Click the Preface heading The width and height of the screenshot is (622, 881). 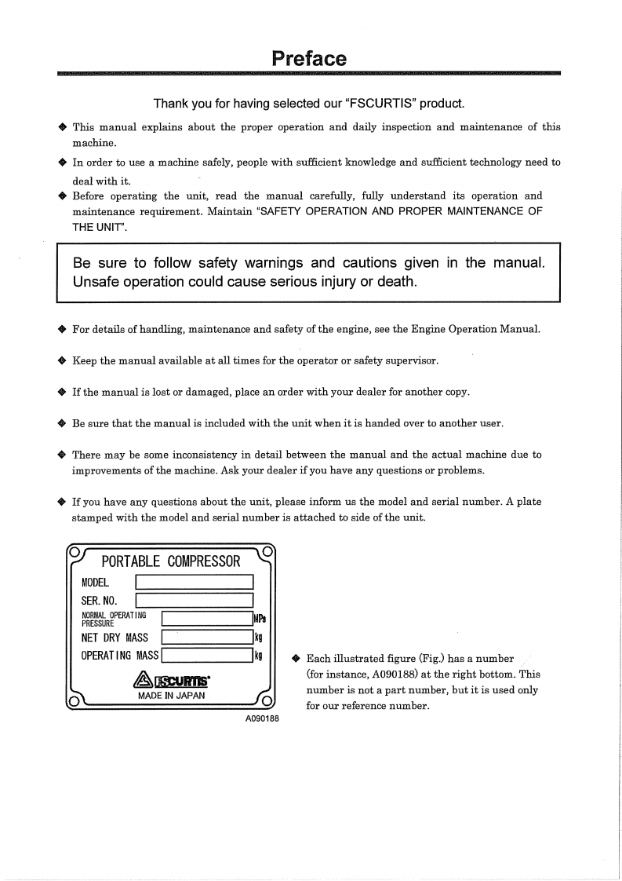[x=309, y=59]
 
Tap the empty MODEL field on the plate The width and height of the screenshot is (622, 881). [x=195, y=583]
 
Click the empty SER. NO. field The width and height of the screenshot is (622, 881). [x=195, y=601]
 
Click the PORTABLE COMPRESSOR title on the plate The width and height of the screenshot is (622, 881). [x=171, y=561]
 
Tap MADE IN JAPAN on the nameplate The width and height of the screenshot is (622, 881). [x=172, y=696]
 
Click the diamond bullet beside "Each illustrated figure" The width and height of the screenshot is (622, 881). [x=296, y=659]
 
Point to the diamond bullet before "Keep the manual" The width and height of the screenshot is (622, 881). [x=62, y=360]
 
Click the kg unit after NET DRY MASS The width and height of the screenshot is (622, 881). [x=258, y=638]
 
